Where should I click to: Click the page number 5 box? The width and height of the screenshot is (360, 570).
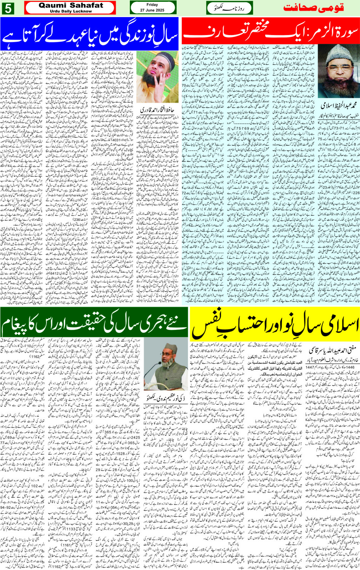[8, 8]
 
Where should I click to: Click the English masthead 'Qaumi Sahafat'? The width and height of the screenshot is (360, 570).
[70, 5]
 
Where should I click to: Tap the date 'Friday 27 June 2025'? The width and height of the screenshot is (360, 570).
[152, 8]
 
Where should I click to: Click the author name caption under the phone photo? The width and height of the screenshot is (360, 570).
[157, 110]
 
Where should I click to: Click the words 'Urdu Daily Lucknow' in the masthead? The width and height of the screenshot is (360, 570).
[70, 11]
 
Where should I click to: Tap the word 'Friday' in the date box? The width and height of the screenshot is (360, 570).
[152, 5]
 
